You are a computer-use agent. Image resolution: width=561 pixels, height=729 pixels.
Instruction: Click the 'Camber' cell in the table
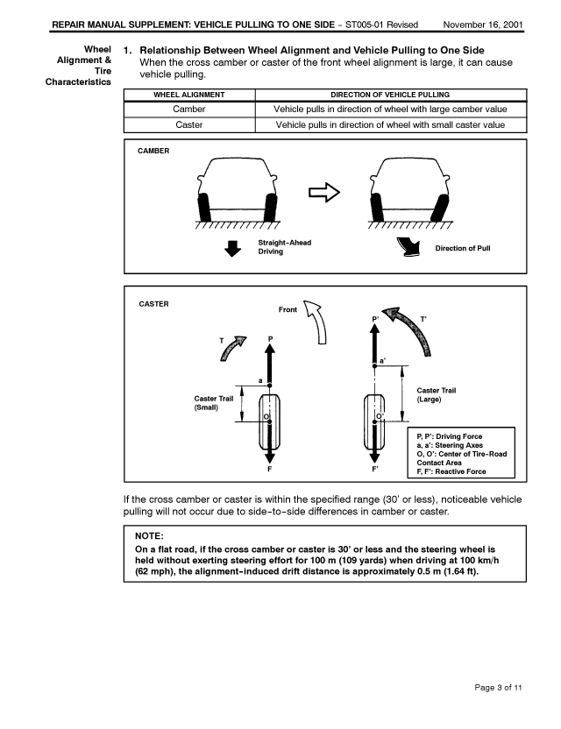tap(189, 110)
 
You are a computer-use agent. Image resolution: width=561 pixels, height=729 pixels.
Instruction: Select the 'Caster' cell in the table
tap(189, 125)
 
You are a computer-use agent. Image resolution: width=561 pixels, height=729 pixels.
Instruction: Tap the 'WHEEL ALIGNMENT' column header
tap(189, 95)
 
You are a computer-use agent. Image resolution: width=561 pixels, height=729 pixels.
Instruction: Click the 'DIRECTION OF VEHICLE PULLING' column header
tap(391, 95)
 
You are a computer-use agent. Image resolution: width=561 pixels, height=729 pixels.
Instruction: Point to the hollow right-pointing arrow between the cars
tap(323, 194)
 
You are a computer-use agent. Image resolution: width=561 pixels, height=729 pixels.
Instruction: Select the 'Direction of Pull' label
tap(463, 248)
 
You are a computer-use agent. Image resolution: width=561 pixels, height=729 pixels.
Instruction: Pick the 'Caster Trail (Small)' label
tap(213, 404)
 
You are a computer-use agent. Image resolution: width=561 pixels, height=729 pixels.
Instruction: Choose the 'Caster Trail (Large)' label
tap(436, 395)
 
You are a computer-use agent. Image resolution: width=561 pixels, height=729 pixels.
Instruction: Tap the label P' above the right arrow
tap(375, 318)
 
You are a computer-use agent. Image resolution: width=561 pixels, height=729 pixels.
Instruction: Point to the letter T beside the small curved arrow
tap(223, 339)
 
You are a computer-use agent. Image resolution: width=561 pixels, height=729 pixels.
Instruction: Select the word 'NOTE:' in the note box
tap(151, 535)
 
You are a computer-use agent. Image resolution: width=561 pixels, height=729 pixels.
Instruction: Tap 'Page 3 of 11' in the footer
tap(496, 689)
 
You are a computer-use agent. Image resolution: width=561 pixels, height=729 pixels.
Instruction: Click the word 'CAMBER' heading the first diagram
tap(154, 152)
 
